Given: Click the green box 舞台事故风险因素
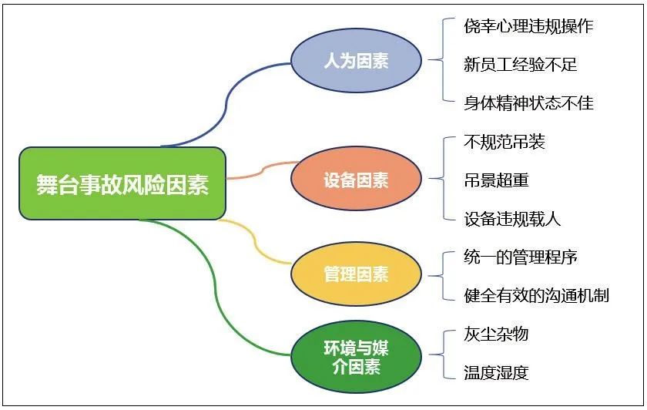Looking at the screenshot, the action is click(122, 183).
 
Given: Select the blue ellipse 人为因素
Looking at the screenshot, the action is click(356, 60).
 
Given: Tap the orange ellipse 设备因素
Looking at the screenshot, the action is click(356, 179).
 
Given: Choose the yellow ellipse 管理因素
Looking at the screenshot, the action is click(356, 274).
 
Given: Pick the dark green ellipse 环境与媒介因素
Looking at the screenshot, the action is click(356, 357).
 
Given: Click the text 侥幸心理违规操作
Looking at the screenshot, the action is click(528, 26).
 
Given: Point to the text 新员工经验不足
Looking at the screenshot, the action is click(521, 65).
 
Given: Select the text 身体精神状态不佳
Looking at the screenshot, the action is click(528, 102).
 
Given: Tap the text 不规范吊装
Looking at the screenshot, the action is click(505, 142).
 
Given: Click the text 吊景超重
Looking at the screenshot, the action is click(496, 180).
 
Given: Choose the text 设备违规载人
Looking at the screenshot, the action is click(512, 219).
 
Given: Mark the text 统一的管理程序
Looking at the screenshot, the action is click(521, 257).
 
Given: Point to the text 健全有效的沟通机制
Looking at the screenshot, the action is click(536, 296).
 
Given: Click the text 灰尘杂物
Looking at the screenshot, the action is click(496, 334).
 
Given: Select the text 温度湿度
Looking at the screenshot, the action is click(496, 373).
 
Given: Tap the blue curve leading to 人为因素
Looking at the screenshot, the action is click(226, 103).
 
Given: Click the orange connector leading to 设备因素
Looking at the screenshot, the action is click(263, 170).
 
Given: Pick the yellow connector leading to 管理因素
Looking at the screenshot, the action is click(253, 241).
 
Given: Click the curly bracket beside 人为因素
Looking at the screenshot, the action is click(443, 60).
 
